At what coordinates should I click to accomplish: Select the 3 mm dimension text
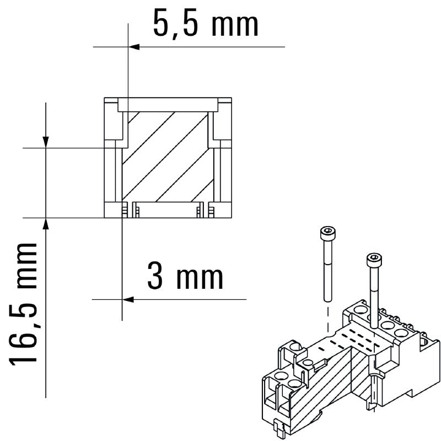185,277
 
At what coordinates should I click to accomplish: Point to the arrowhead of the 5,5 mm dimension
134,47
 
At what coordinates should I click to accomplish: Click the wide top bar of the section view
168,104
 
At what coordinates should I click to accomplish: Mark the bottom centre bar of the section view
165,210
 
